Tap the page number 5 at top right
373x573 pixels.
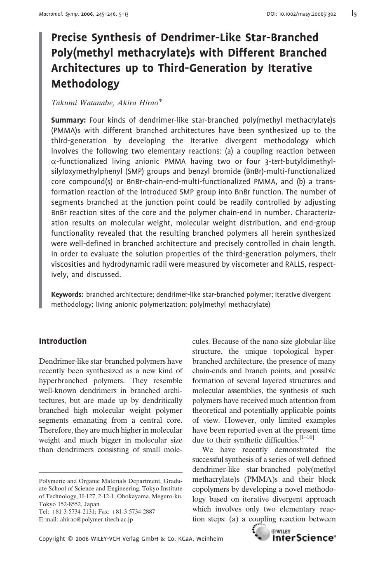(355, 14)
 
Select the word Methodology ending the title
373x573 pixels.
(85, 84)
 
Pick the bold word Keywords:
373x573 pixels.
(67, 295)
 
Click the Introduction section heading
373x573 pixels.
(63, 341)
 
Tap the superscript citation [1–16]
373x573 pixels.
(307, 438)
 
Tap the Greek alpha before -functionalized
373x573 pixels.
(53, 161)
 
